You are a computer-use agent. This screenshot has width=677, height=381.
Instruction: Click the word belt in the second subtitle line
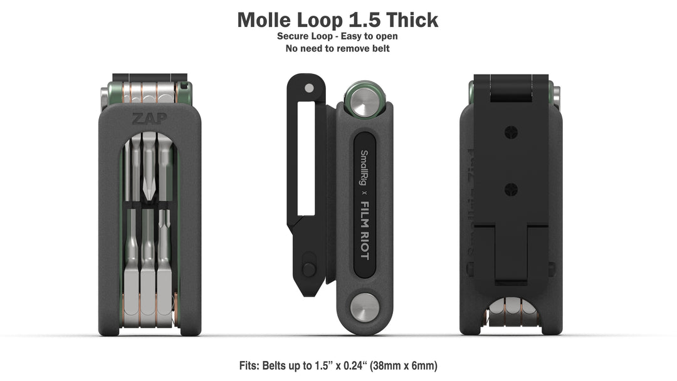click(379, 48)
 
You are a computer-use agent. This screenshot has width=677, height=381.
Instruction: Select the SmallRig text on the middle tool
click(362, 168)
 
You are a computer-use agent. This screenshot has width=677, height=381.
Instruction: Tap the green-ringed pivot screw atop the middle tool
click(364, 99)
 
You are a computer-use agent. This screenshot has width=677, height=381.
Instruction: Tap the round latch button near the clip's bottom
click(308, 269)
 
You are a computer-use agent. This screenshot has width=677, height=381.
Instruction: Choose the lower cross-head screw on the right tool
click(511, 187)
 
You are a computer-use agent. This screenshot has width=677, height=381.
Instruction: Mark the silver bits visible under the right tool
click(511, 312)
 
